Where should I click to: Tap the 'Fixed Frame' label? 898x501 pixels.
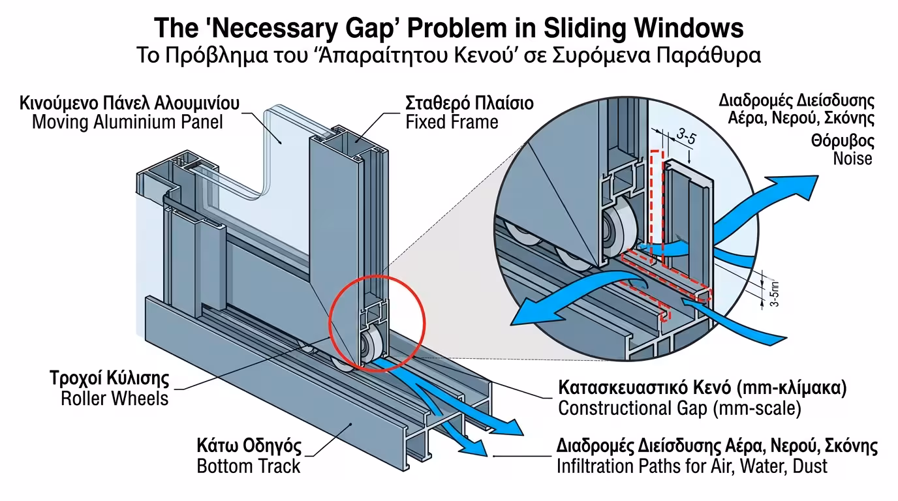[x=452, y=121]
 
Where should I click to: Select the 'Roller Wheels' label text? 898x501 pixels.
[x=115, y=398]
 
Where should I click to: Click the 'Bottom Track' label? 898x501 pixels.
[x=249, y=466]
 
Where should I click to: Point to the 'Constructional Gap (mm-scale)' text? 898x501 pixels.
[x=679, y=408]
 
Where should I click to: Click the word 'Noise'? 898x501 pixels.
[x=852, y=158]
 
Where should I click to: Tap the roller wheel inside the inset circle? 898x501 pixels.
[x=617, y=232]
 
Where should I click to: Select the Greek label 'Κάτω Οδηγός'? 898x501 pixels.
[x=249, y=448]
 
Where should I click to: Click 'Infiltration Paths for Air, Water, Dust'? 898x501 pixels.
[x=692, y=466]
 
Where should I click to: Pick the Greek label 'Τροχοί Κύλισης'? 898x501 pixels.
[x=110, y=379]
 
